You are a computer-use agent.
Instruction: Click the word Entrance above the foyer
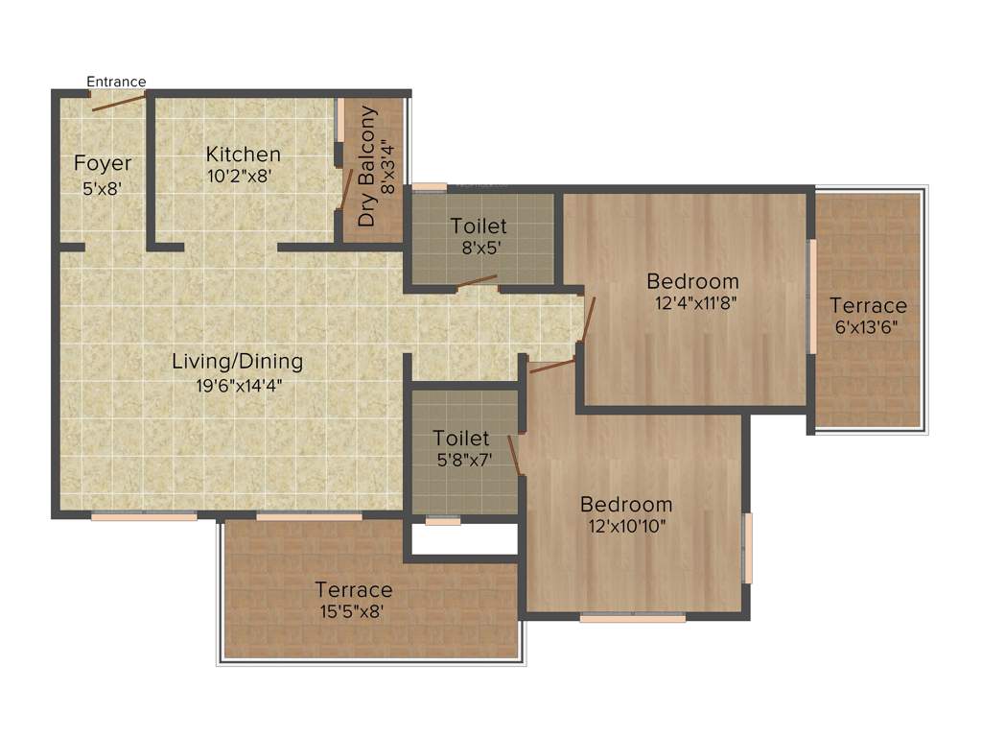pos(116,82)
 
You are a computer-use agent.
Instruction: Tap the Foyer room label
pos(103,164)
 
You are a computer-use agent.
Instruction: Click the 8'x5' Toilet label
pos(479,226)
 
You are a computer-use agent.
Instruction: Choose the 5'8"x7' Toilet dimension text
pos(463,459)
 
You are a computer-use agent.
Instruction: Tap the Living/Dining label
pos(237,362)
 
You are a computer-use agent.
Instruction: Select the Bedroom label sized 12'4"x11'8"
pos(692,281)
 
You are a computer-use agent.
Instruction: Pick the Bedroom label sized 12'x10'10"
pos(626,505)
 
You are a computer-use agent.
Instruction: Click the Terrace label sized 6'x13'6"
pos(868,306)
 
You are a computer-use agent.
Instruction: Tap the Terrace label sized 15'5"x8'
pos(354,589)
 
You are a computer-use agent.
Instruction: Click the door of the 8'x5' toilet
pos(477,281)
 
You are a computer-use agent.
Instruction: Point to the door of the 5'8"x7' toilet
pos(515,455)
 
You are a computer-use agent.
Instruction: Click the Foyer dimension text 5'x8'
pos(103,189)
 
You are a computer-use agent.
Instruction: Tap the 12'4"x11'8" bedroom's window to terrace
pos(811,297)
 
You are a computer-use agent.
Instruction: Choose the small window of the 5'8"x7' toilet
pos(442,521)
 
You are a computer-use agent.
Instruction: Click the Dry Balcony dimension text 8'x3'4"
pos(387,167)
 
